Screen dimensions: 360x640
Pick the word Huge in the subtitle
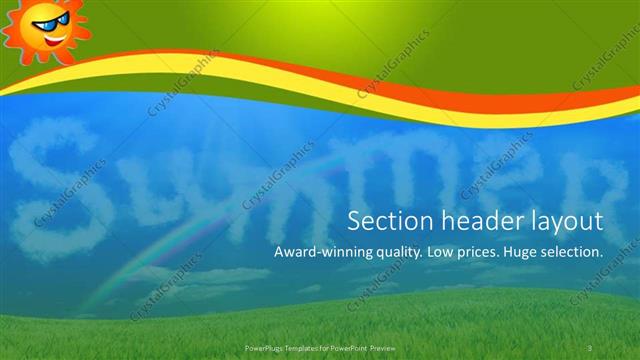(x=526, y=254)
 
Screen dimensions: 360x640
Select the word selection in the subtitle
(x=576, y=253)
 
